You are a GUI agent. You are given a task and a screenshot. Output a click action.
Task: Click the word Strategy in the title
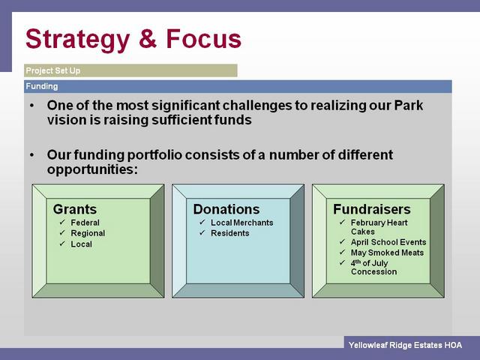78,40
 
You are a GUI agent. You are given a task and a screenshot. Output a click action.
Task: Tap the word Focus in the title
203,38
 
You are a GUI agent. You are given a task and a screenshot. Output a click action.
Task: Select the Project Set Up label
53,70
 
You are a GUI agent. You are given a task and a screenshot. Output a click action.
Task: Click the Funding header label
42,86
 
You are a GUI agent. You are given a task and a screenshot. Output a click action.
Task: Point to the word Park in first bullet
409,105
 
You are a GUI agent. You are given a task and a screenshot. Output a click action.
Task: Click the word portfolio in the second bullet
154,155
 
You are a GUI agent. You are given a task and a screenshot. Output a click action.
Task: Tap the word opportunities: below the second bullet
92,169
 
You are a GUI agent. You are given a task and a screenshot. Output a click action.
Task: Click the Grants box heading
75,209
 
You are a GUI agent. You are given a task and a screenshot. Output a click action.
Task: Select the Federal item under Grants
85,223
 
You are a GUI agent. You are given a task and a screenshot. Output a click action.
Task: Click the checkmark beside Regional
62,232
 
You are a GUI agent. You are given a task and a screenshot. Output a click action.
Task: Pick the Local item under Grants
81,244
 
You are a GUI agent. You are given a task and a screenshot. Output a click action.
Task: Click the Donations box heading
226,209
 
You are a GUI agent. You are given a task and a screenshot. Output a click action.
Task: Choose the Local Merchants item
241,223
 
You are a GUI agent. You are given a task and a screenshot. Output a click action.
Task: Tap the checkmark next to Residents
202,232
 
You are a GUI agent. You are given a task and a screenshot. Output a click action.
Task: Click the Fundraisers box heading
372,209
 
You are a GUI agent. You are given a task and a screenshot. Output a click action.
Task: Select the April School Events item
388,242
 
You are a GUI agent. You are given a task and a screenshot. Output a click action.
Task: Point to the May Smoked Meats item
387,253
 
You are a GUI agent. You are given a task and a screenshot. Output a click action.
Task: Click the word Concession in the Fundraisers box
373,271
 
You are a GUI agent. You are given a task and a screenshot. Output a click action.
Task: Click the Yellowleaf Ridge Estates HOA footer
405,345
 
